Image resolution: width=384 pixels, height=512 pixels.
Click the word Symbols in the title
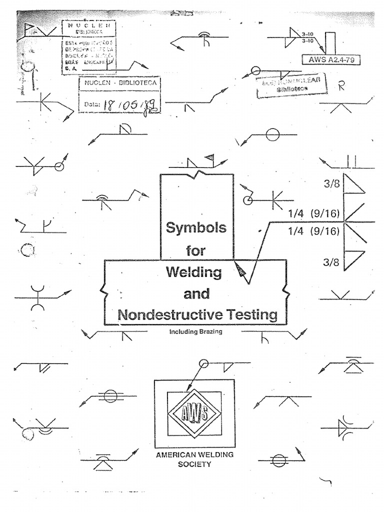tap(196, 228)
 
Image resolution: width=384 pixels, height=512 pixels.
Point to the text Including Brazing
tap(196, 331)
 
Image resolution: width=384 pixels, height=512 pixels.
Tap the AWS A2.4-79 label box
tap(331, 59)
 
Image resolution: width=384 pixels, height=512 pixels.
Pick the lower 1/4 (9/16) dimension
tap(314, 230)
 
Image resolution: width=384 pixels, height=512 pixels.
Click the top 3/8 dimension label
tap(332, 184)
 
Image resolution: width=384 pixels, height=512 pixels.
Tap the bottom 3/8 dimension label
tap(332, 261)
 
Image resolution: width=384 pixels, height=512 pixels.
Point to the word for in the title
tap(196, 251)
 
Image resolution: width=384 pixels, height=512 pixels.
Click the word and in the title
tap(196, 294)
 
